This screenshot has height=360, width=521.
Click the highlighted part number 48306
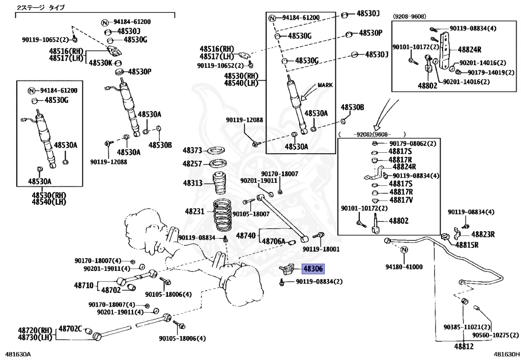[x=313, y=268]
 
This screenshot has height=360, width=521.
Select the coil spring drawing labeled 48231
[x=223, y=215]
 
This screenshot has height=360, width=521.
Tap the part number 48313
[x=192, y=183]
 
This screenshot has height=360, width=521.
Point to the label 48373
[x=192, y=151]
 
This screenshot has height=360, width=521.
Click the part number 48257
[x=192, y=164]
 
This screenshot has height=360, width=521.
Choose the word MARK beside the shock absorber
[x=325, y=85]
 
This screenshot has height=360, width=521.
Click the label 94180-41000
[x=403, y=267]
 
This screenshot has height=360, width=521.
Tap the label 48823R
[x=483, y=234]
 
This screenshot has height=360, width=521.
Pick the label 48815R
[x=467, y=245]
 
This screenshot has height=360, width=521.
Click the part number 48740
[x=246, y=236]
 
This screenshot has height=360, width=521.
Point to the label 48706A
[x=273, y=241]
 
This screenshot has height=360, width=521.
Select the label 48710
[x=84, y=285]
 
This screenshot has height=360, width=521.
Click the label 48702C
[x=70, y=329]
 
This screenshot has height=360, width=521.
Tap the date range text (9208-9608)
[x=410, y=16]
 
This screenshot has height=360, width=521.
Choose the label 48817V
[x=401, y=200]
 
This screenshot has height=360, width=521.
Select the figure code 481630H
[x=507, y=355]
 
